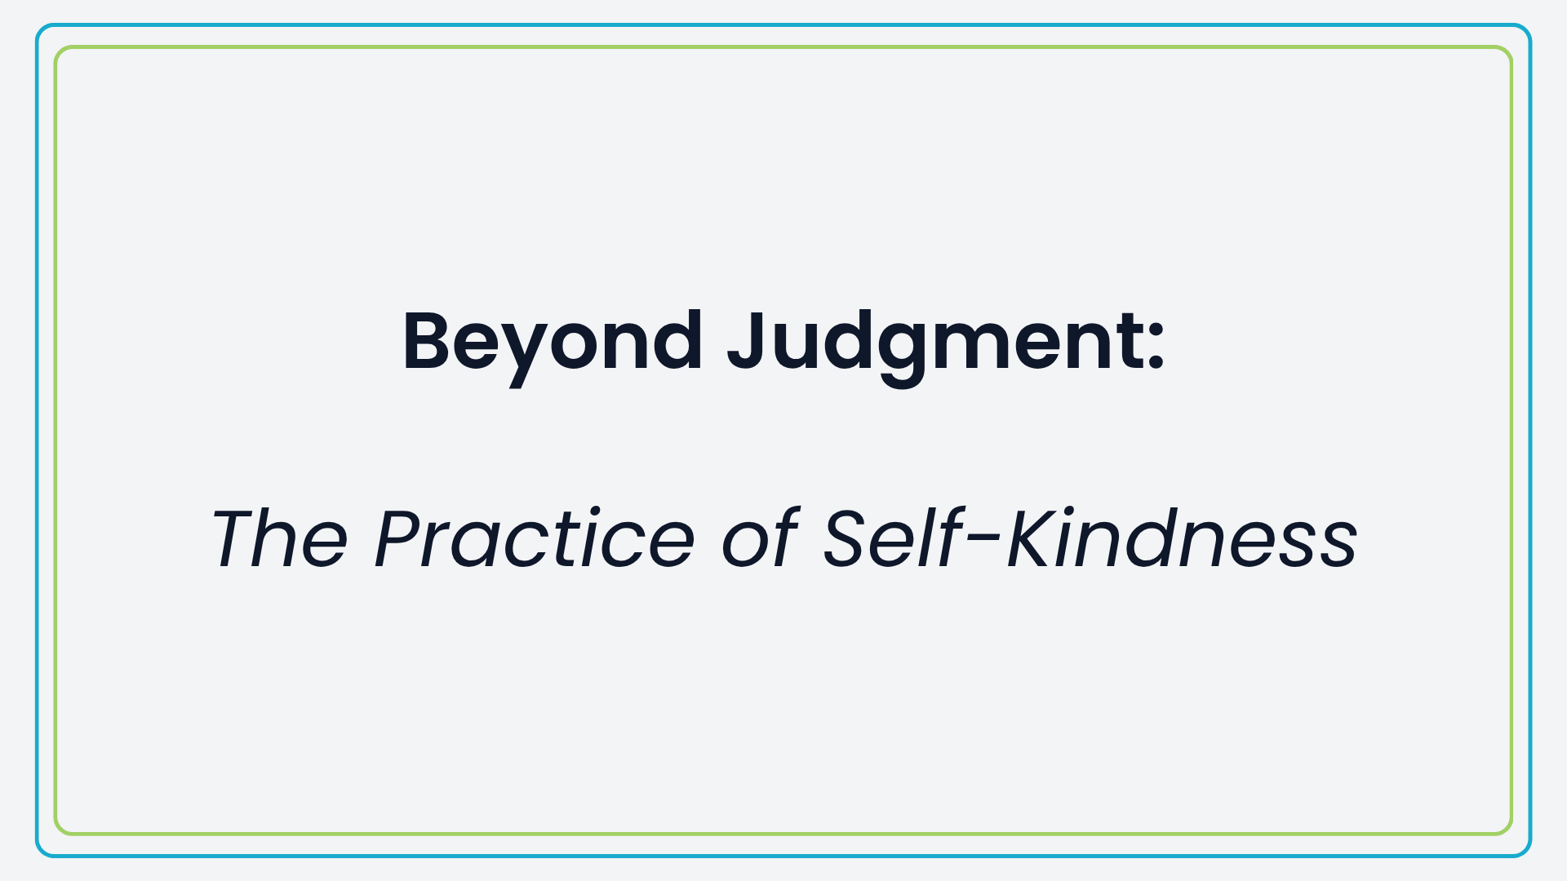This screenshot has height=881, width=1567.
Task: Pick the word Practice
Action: (535, 538)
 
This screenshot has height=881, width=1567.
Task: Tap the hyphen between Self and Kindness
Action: (985, 544)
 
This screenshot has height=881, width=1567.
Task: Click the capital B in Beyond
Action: (433, 342)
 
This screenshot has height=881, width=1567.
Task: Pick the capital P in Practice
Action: (405, 538)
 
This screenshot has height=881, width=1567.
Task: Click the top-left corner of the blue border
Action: (38, 26)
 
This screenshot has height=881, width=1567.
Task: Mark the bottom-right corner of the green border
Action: (1511, 833)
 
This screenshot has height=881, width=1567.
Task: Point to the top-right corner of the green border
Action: (1511, 48)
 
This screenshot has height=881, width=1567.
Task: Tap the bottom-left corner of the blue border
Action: (38, 855)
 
